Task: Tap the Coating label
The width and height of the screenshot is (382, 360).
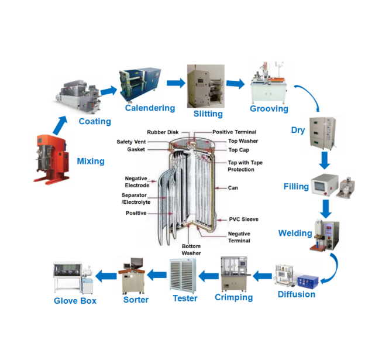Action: (x=95, y=121)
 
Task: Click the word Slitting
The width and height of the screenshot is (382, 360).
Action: (x=208, y=114)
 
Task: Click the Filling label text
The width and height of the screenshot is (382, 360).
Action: (x=296, y=187)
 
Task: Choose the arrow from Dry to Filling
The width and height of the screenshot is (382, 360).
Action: (x=325, y=160)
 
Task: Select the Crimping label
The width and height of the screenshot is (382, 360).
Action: (x=234, y=297)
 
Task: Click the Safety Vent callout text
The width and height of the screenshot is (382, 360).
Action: (x=132, y=141)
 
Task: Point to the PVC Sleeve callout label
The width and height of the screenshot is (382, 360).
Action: (x=243, y=220)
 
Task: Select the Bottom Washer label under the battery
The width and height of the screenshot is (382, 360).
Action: (x=191, y=249)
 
